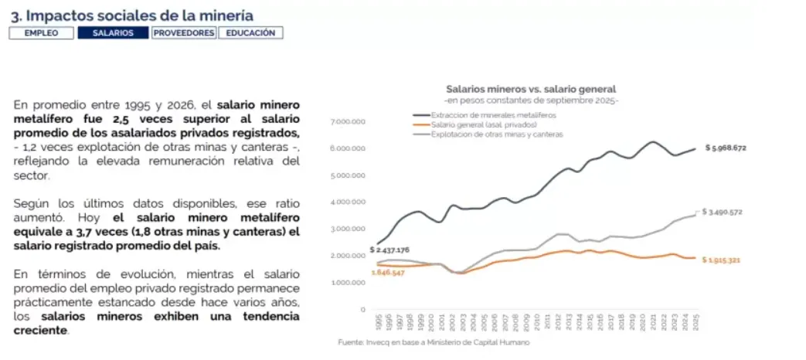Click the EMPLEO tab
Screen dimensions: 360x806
tap(42, 33)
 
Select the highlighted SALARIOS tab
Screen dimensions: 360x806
tap(113, 33)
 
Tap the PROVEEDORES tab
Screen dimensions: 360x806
tap(184, 33)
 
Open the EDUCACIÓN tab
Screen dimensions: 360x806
tap(250, 33)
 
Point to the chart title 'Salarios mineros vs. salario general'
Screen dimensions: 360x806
tap(531, 90)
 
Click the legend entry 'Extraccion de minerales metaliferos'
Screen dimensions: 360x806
tap(493, 115)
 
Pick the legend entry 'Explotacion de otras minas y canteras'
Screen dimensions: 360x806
tap(497, 134)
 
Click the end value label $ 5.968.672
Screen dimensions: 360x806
tap(736, 148)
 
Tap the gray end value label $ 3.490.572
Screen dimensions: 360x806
tap(732, 211)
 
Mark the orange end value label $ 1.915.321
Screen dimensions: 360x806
tap(732, 260)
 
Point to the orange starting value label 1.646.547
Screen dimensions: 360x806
tap(389, 273)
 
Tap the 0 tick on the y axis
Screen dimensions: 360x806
tap(362, 309)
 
